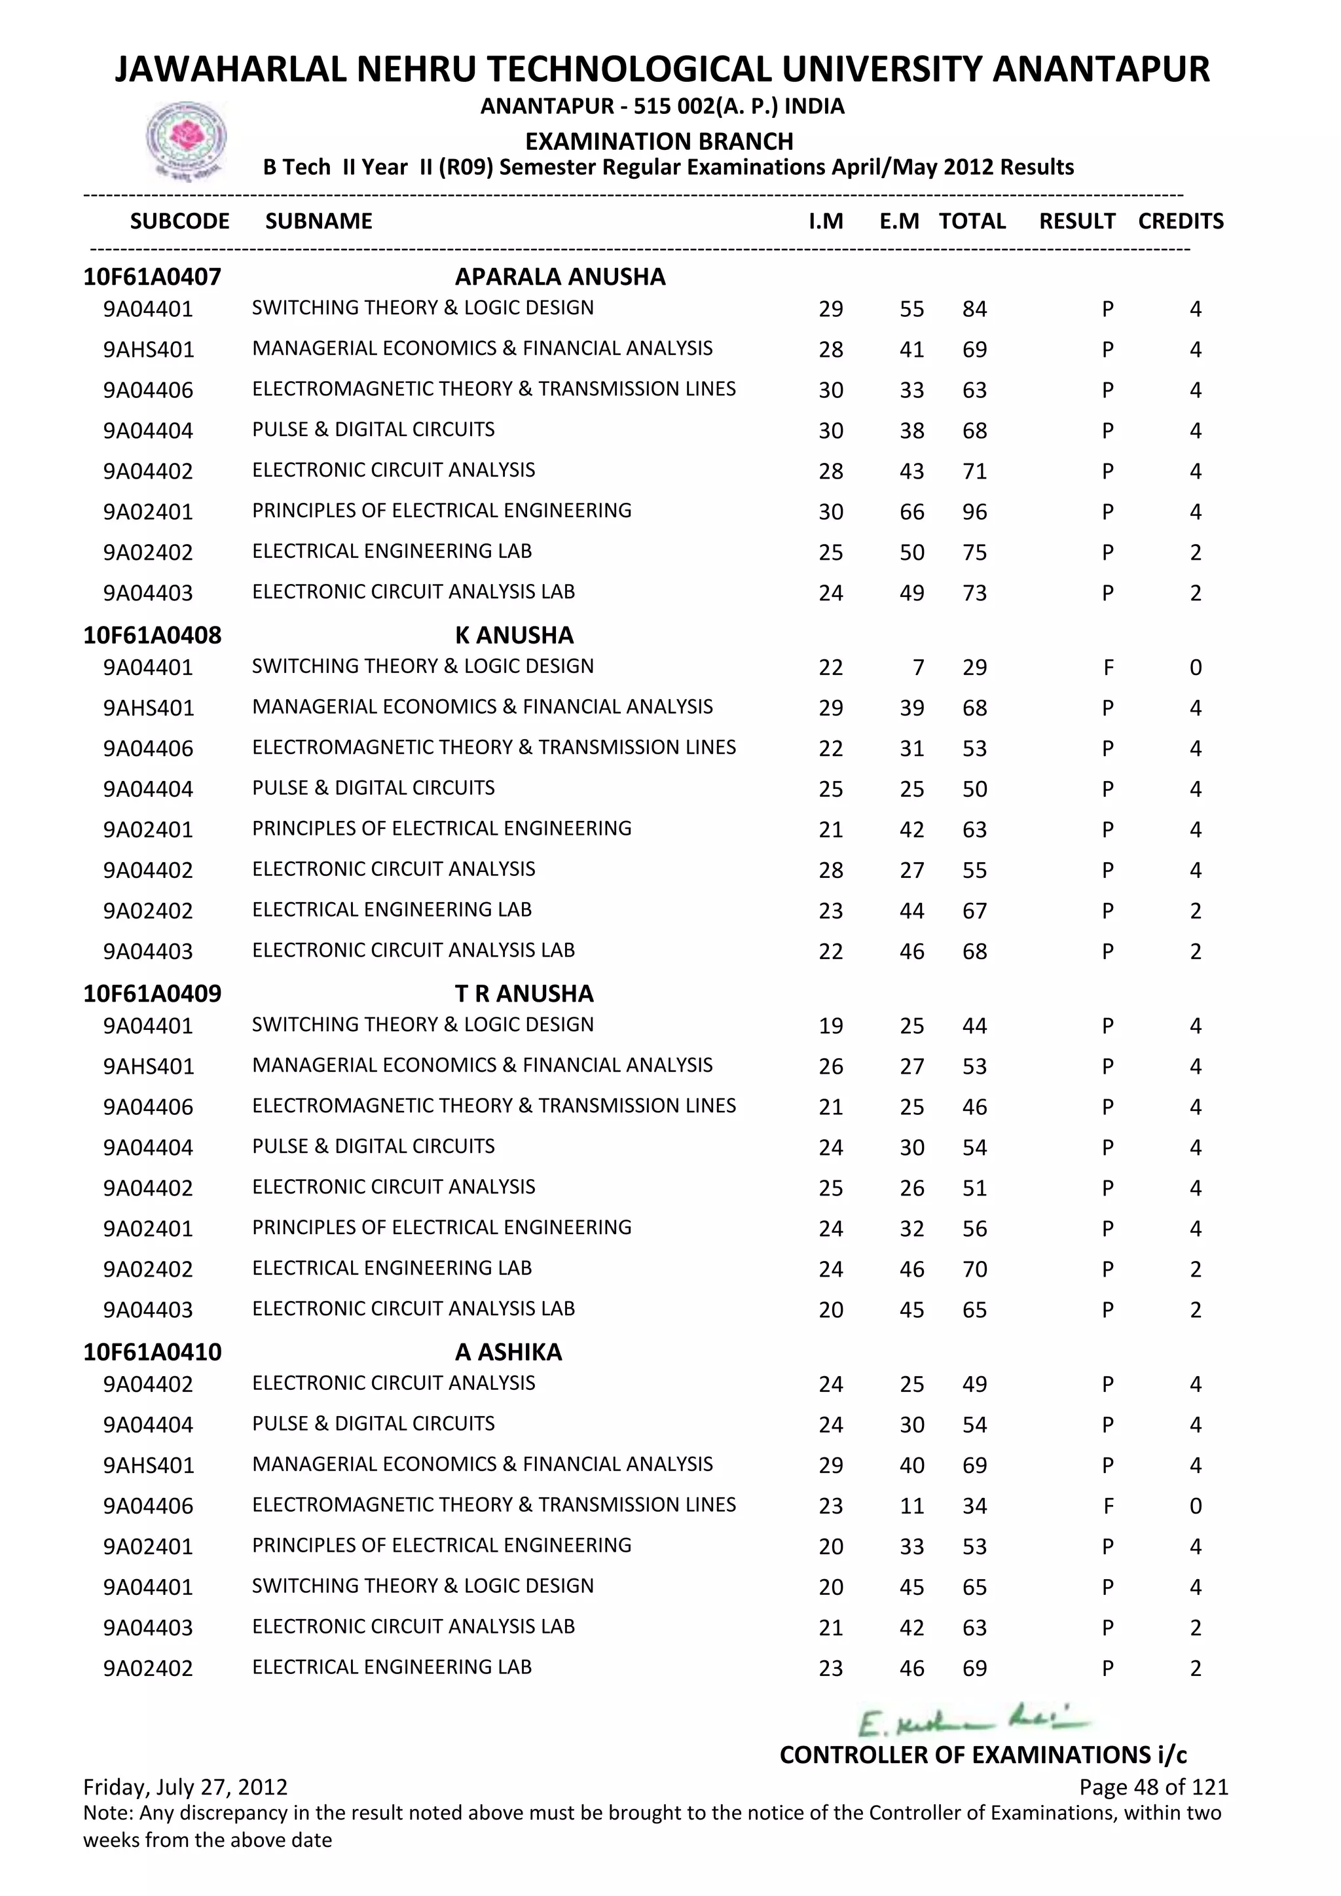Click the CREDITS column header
[1180, 221]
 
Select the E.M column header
[899, 221]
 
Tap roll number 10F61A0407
[152, 277]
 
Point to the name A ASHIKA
[508, 1352]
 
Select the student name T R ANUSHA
[524, 993]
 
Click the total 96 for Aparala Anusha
[974, 512]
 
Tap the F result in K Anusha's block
[1108, 667]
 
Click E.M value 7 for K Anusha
[917, 667]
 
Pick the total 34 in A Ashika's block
[974, 1505]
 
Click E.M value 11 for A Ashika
[911, 1505]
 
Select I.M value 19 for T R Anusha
[831, 1026]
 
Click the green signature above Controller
[973, 1723]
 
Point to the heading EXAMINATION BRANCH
[659, 141]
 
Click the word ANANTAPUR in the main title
[1100, 69]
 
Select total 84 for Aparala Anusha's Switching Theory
[974, 309]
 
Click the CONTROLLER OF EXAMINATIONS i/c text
[983, 1755]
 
